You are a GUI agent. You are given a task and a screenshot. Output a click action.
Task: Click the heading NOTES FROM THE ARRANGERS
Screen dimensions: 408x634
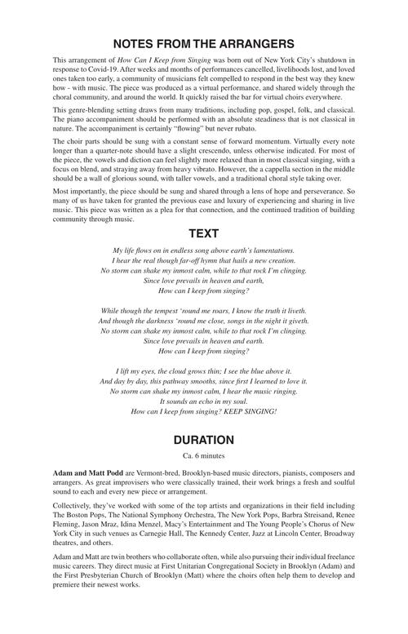click(203, 42)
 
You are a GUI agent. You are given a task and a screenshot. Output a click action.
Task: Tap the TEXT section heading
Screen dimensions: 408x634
click(203, 232)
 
